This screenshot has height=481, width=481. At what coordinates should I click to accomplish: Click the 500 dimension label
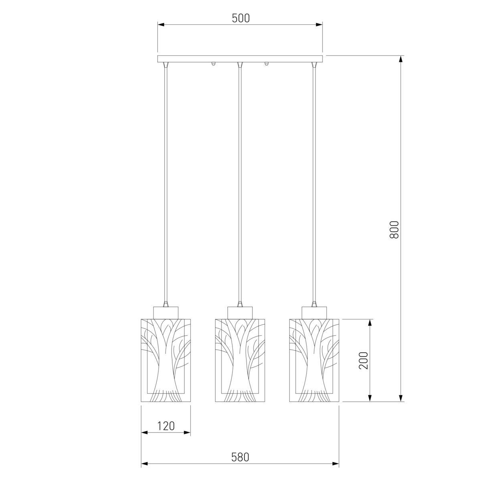[240, 18]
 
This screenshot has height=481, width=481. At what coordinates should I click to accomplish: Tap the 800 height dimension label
[394, 230]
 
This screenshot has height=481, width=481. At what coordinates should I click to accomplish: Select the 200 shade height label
[363, 361]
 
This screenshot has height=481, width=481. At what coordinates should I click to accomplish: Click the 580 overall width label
[240, 457]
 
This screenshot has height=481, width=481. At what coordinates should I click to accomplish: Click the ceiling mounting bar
[240, 59]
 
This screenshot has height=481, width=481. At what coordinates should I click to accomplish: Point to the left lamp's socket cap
[166, 313]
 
